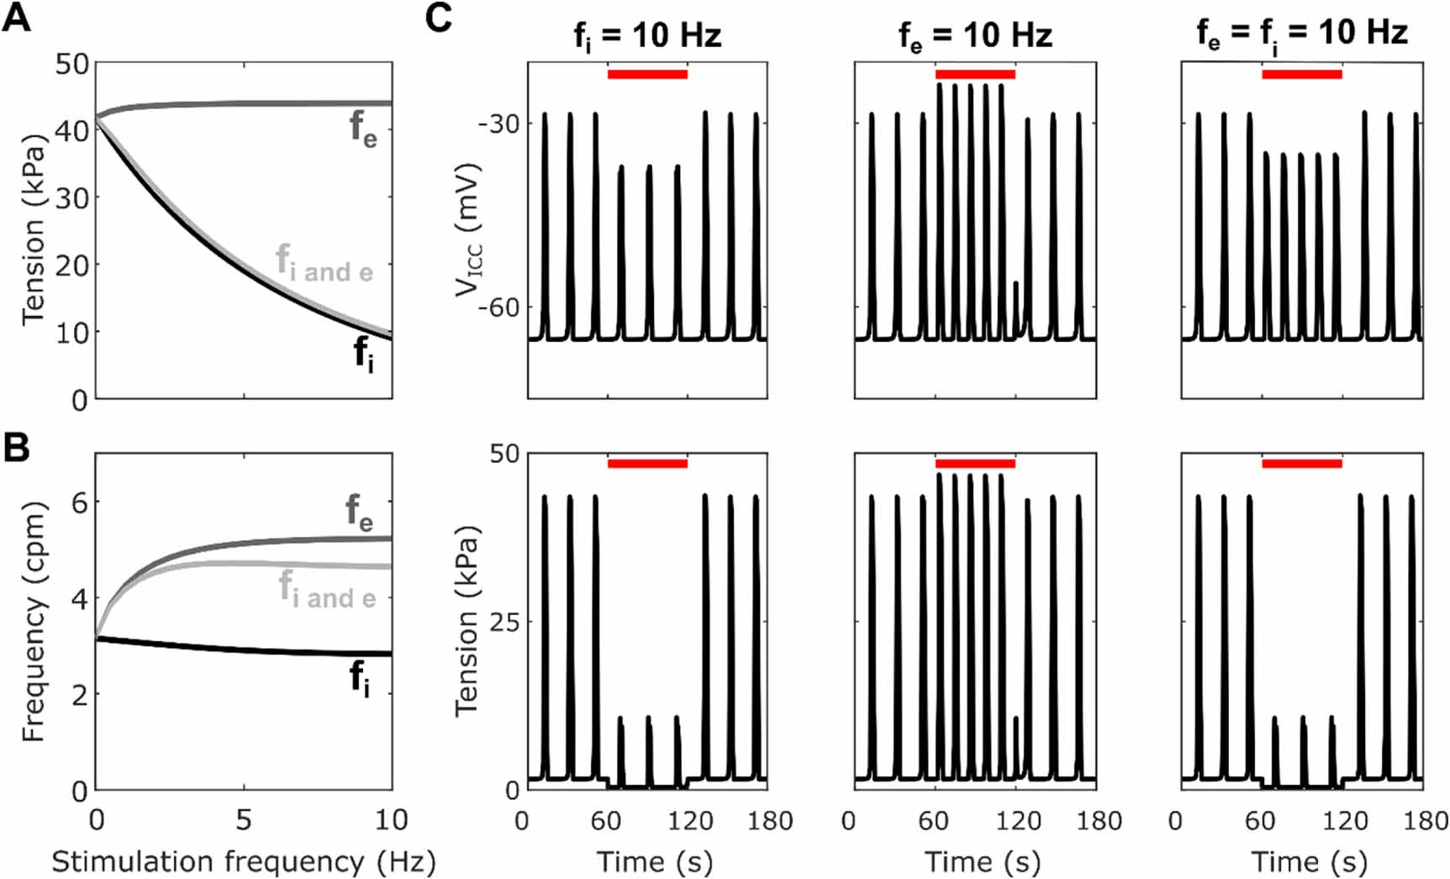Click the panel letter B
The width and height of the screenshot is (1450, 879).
pyautogui.click(x=17, y=447)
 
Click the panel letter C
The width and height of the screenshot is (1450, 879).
pyautogui.click(x=439, y=18)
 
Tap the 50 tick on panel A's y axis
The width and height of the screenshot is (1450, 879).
pyautogui.click(x=71, y=64)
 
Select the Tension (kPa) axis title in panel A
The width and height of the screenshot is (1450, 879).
pyautogui.click(x=33, y=229)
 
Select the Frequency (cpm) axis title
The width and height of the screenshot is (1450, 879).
pyautogui.click(x=33, y=622)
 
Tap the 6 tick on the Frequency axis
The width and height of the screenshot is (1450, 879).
pyautogui.click(x=80, y=503)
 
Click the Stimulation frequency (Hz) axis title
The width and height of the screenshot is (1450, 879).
pyautogui.click(x=244, y=861)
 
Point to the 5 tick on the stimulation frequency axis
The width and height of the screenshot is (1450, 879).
pyautogui.click(x=244, y=820)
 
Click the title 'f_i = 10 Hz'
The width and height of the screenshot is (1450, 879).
pyautogui.click(x=647, y=35)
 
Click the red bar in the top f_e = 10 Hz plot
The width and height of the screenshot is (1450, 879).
pyautogui.click(x=975, y=74)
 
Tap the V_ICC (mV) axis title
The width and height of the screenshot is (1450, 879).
pyautogui.click(x=467, y=229)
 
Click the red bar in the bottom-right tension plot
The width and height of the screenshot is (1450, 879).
pyautogui.click(x=1302, y=463)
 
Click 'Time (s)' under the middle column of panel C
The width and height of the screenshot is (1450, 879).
pyautogui.click(x=982, y=861)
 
